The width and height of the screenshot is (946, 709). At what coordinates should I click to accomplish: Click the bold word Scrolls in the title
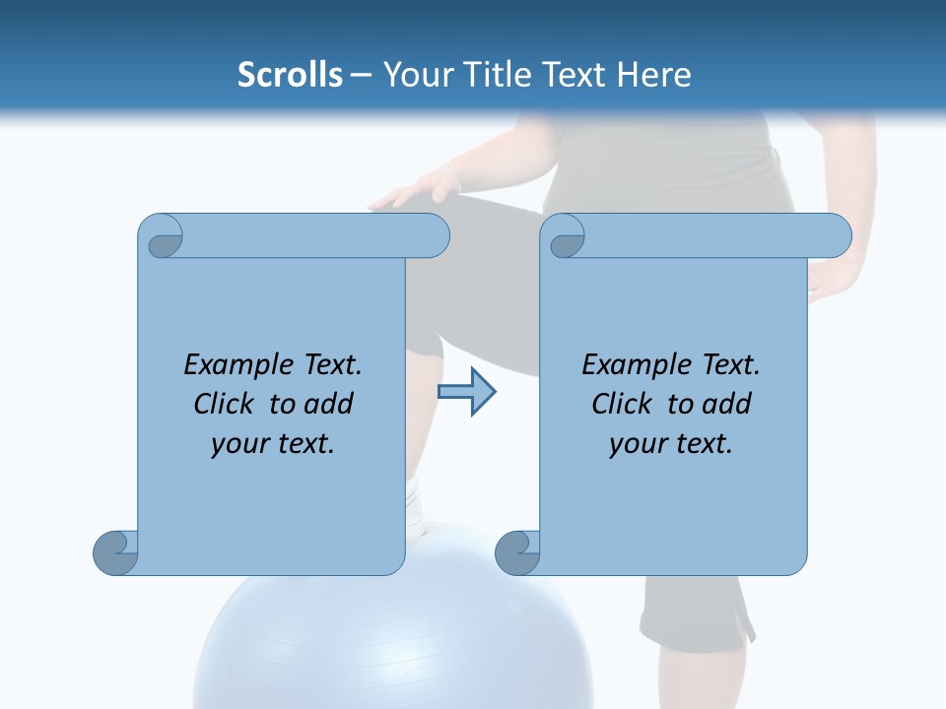point(290,75)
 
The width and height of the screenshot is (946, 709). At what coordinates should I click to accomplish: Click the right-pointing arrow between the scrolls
point(466,392)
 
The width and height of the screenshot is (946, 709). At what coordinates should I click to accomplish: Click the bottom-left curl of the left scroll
point(116,552)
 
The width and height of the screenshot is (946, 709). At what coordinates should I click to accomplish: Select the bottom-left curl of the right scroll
point(517,552)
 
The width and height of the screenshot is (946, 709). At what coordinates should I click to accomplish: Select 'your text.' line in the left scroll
point(273,443)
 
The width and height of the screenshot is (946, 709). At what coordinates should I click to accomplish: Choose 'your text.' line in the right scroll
point(671,443)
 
